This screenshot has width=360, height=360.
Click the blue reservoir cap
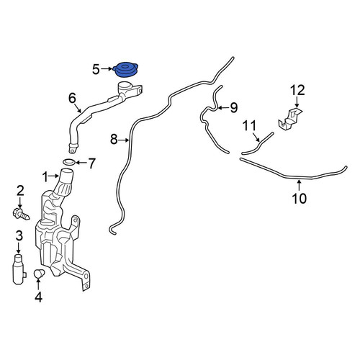125,70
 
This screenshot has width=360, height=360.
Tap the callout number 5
96,70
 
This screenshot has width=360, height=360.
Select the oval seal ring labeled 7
69,162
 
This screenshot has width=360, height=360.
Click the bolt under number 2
21,215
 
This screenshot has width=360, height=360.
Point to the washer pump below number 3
19,269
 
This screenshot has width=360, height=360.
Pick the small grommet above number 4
39,274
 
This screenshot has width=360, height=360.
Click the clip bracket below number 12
290,120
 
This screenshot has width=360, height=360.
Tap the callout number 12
297,90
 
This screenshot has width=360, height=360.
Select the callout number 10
300,198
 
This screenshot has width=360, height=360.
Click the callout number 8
114,139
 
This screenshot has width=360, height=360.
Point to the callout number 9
234,107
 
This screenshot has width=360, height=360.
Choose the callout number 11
250,125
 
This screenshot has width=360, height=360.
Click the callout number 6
72,98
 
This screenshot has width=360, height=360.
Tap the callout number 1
45,177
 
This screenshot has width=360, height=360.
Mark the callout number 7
92,163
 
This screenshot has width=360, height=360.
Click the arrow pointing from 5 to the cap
107,69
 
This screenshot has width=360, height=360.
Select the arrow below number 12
297,102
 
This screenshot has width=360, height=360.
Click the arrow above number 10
299,186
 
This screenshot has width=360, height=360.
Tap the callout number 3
19,236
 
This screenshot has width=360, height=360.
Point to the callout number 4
38,297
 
